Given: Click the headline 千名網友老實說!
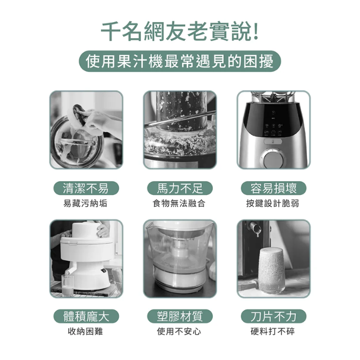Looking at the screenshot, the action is [180, 31].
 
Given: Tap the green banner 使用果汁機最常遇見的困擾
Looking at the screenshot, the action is [180, 61].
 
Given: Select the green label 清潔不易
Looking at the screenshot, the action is [86, 188].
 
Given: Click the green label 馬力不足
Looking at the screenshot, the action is [180, 188].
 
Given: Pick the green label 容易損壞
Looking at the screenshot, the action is [274, 188].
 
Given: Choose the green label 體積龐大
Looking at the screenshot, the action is [86, 316].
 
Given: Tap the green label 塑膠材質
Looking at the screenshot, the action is [180, 316].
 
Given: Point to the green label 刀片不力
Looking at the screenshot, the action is [274, 316].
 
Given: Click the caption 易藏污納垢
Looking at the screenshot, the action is [85, 204].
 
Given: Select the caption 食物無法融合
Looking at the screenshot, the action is [179, 204].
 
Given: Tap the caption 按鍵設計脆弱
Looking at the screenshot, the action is [273, 204].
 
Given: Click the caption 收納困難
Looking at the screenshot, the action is [85, 331].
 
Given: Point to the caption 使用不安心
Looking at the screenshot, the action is [179, 331].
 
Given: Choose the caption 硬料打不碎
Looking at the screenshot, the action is [273, 331].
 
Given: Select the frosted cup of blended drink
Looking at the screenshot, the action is [272, 271].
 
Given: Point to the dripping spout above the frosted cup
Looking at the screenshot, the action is [255, 228].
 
